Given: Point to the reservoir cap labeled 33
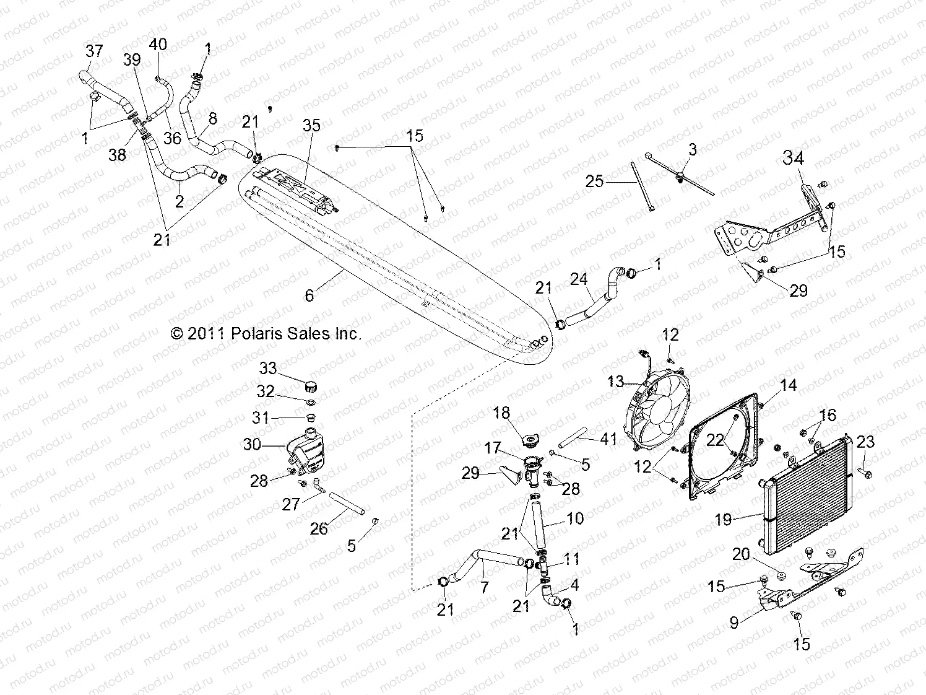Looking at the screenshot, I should [311, 387].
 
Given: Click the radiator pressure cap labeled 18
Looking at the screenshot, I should [530, 440].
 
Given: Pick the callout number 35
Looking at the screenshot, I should [312, 126].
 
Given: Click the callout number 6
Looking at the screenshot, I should [309, 295].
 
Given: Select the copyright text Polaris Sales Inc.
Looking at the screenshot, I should [266, 334].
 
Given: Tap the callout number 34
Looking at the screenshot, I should [794, 159].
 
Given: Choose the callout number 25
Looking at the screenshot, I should [594, 182].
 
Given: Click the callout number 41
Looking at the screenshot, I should [609, 439].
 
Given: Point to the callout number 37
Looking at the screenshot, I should [94, 51].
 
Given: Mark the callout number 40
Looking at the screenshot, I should [158, 45].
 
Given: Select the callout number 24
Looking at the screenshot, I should [579, 279].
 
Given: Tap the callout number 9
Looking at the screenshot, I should [734, 621].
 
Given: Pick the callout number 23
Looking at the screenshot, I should [865, 442].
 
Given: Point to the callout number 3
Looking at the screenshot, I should [693, 149].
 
